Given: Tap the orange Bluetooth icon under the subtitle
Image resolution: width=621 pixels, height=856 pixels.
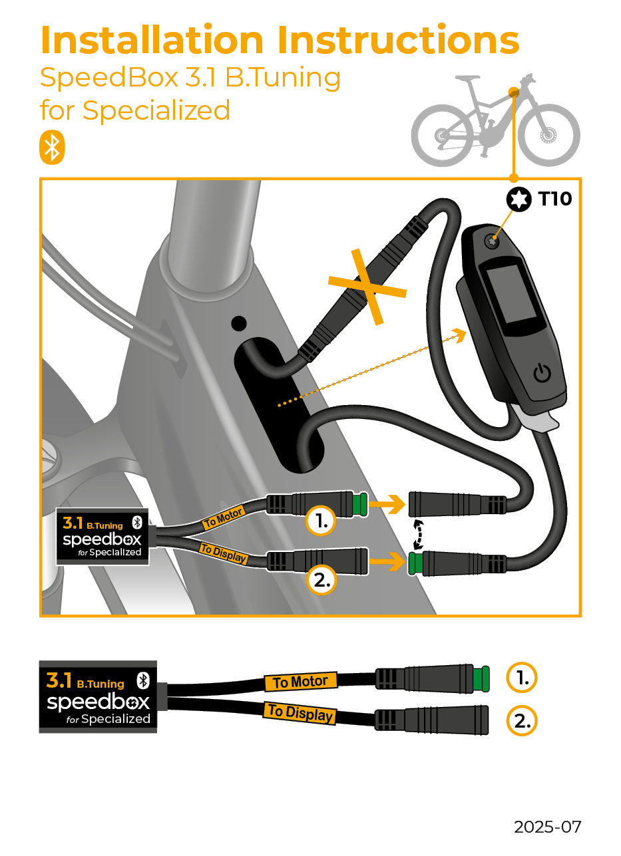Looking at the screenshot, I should pyautogui.click(x=52, y=148).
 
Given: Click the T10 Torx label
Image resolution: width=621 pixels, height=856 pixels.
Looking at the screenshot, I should pyautogui.click(x=554, y=198).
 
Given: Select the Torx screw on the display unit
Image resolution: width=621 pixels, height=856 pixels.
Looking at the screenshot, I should pyautogui.click(x=493, y=241).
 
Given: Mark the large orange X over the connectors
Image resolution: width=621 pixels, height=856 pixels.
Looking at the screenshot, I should pyautogui.click(x=367, y=286).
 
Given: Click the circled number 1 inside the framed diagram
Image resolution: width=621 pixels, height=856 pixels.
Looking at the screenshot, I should pyautogui.click(x=321, y=522).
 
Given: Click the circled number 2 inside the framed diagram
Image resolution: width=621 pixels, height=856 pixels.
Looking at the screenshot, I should pyautogui.click(x=321, y=580).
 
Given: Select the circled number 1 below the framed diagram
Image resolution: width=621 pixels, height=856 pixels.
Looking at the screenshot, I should pyautogui.click(x=522, y=678).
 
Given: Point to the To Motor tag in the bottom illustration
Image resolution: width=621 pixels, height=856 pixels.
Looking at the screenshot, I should pyautogui.click(x=300, y=682).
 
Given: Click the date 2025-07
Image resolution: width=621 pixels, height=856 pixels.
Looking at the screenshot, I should pyautogui.click(x=547, y=827).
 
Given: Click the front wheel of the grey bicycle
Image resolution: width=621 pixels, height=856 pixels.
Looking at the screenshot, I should pyautogui.click(x=549, y=136).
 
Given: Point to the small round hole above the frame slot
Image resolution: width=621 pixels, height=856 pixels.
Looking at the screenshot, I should pyautogui.click(x=238, y=324).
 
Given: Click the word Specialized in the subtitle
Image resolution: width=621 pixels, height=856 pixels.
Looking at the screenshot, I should pyautogui.click(x=156, y=110).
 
